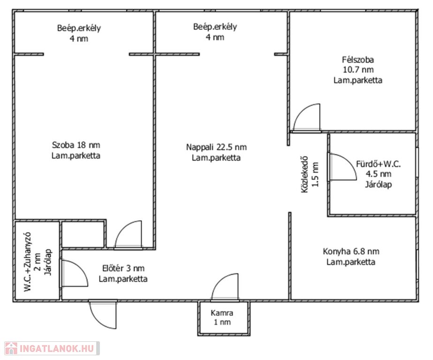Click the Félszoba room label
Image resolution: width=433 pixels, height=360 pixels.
[x=358, y=60]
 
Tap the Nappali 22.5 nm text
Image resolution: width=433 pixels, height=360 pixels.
[x=216, y=147]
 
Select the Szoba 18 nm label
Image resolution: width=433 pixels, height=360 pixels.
[x=76, y=145]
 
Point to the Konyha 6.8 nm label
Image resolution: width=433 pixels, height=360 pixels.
[x=351, y=251]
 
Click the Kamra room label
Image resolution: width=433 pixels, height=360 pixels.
[x=222, y=313]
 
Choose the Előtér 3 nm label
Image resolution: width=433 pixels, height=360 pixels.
[x=123, y=268]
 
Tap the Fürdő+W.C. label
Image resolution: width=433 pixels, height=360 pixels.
[x=378, y=164]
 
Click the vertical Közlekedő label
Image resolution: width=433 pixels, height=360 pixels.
[x=304, y=174]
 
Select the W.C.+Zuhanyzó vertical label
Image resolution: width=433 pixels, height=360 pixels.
[x=28, y=262]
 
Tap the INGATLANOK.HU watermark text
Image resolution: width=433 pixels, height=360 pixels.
[x=57, y=348]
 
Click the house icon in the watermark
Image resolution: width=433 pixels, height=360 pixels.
[x=11, y=348]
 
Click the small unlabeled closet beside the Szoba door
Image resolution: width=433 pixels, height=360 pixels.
[x=83, y=234]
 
